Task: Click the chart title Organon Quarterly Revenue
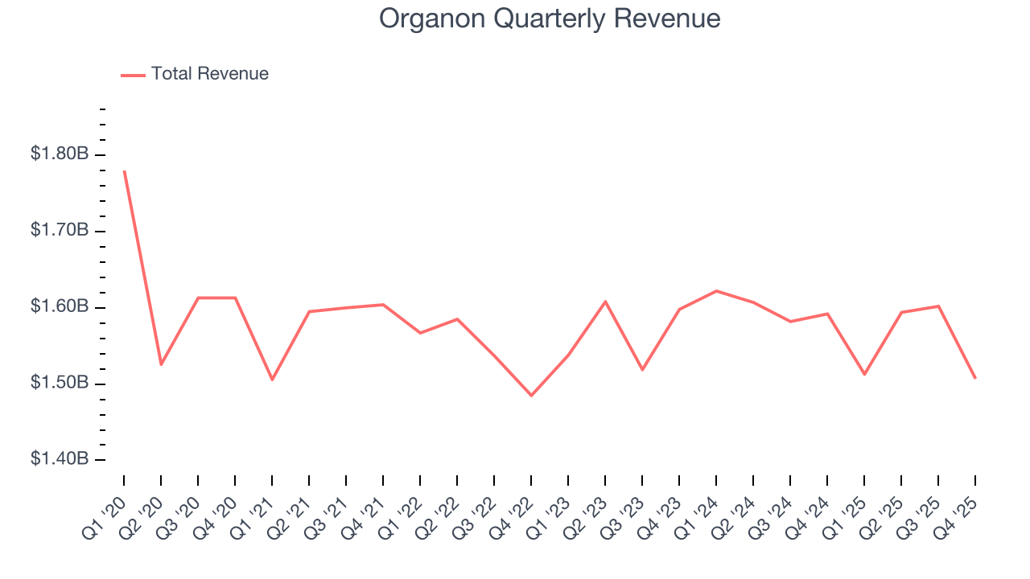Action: (550, 18)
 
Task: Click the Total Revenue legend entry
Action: (209, 74)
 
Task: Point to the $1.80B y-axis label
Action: (60, 154)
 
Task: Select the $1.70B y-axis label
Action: (60, 230)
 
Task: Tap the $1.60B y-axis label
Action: (60, 306)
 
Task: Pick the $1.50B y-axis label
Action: (60, 383)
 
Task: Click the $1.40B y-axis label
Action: (60, 459)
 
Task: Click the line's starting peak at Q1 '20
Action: (124, 170)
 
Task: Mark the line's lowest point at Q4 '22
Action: (531, 395)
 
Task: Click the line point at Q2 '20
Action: (161, 364)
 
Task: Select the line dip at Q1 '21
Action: (272, 380)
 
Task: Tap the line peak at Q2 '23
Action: (605, 302)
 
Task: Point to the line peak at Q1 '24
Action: (716, 291)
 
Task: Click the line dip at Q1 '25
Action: (864, 374)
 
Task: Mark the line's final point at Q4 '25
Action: (975, 378)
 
